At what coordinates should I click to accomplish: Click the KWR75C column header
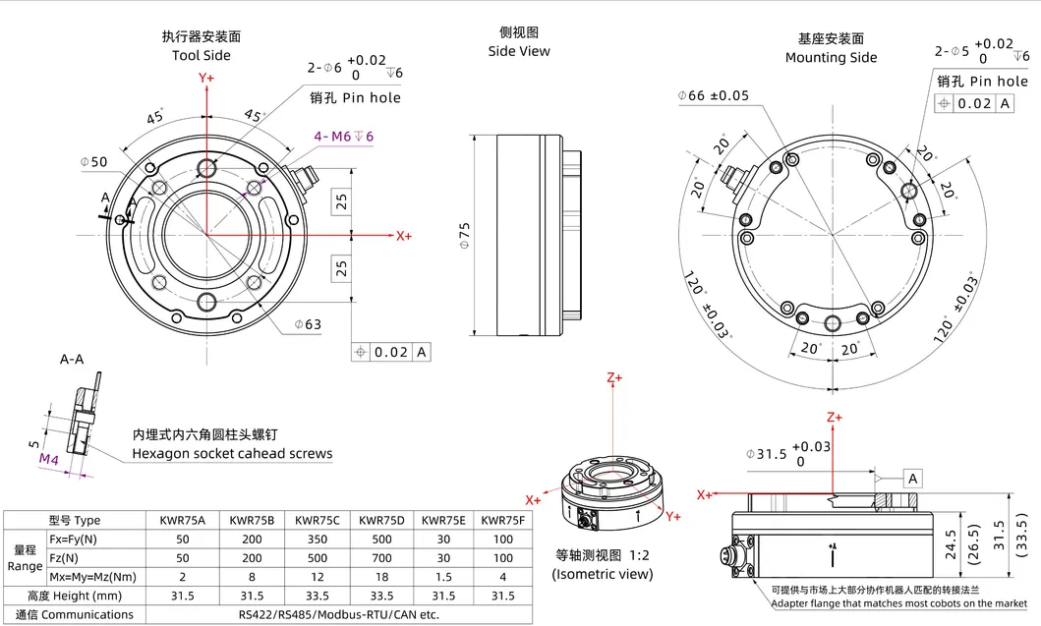pos(317,520)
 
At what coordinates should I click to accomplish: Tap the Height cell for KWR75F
pos(503,596)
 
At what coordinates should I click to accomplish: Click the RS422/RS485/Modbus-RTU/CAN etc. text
pos(338,615)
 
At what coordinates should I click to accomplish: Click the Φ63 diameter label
pos(309,323)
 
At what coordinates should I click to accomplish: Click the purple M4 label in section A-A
pos(49,459)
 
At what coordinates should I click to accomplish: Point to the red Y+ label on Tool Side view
pos(206,78)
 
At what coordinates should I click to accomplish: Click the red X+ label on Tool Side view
pos(403,236)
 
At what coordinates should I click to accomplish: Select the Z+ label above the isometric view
pos(615,377)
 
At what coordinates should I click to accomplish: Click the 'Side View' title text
pos(519,51)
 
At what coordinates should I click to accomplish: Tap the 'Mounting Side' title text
pos(831,57)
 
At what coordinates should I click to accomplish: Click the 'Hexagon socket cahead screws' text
pos(232,454)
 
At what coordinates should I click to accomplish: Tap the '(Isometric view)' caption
pos(603,574)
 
